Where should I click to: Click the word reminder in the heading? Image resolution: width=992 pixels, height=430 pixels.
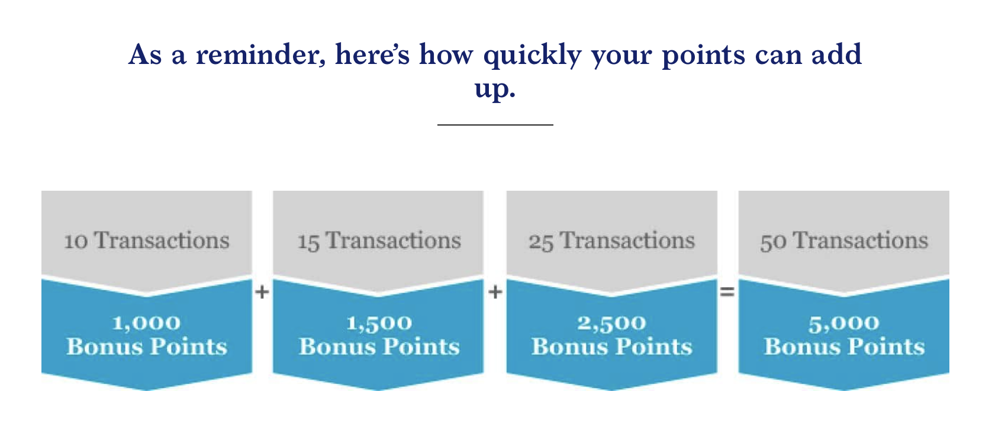[260, 55]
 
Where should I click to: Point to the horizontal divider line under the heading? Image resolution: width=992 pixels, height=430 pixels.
[495, 125]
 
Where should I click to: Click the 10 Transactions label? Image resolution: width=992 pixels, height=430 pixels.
[147, 240]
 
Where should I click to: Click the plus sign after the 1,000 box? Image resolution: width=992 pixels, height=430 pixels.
[262, 291]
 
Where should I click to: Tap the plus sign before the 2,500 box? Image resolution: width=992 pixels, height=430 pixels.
[495, 291]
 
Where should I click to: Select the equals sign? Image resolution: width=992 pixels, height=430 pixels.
[727, 291]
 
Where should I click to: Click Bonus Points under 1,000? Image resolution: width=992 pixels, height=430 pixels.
[147, 346]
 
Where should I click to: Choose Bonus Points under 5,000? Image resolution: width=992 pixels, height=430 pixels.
[845, 346]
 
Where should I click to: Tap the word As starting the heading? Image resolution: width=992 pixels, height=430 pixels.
[145, 55]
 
